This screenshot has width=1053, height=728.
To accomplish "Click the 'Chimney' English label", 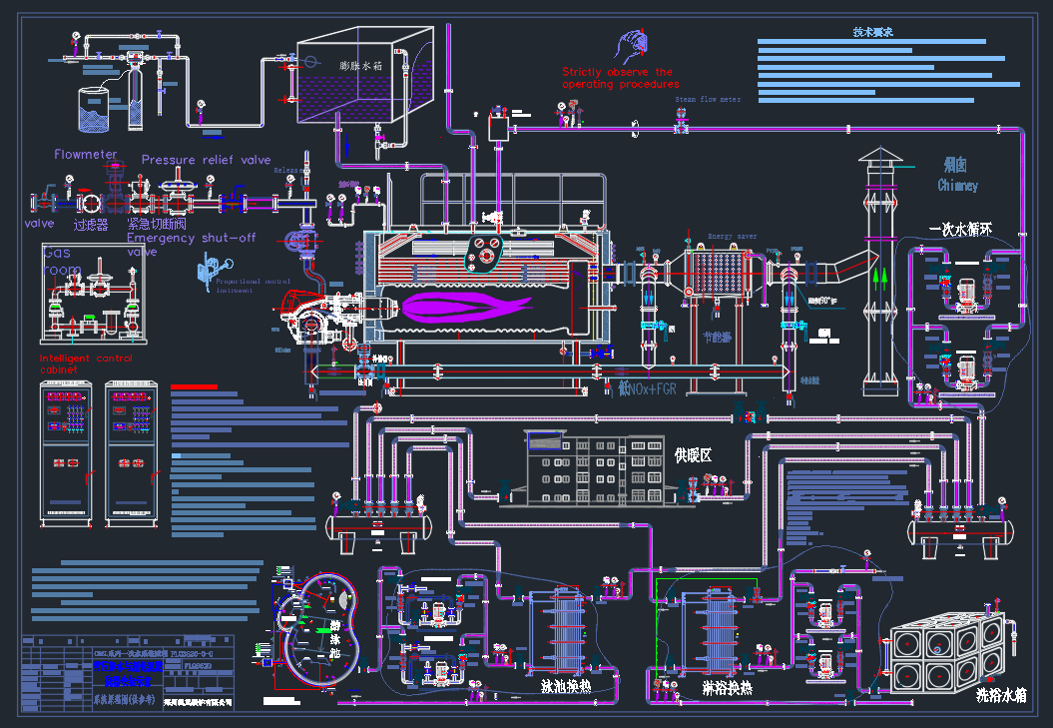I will [x=957, y=186].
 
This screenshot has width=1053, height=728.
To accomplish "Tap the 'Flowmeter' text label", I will [x=86, y=155].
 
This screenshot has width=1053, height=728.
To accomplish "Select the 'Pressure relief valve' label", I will [x=206, y=160].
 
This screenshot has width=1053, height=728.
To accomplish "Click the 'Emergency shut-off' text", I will [x=192, y=239].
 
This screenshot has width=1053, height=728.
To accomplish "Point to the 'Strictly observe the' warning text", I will [x=617, y=72].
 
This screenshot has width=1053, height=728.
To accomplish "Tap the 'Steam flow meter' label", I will [x=708, y=100].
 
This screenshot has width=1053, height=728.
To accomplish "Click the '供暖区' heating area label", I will [x=699, y=455].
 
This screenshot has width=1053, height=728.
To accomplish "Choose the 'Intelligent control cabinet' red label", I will [x=85, y=364].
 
